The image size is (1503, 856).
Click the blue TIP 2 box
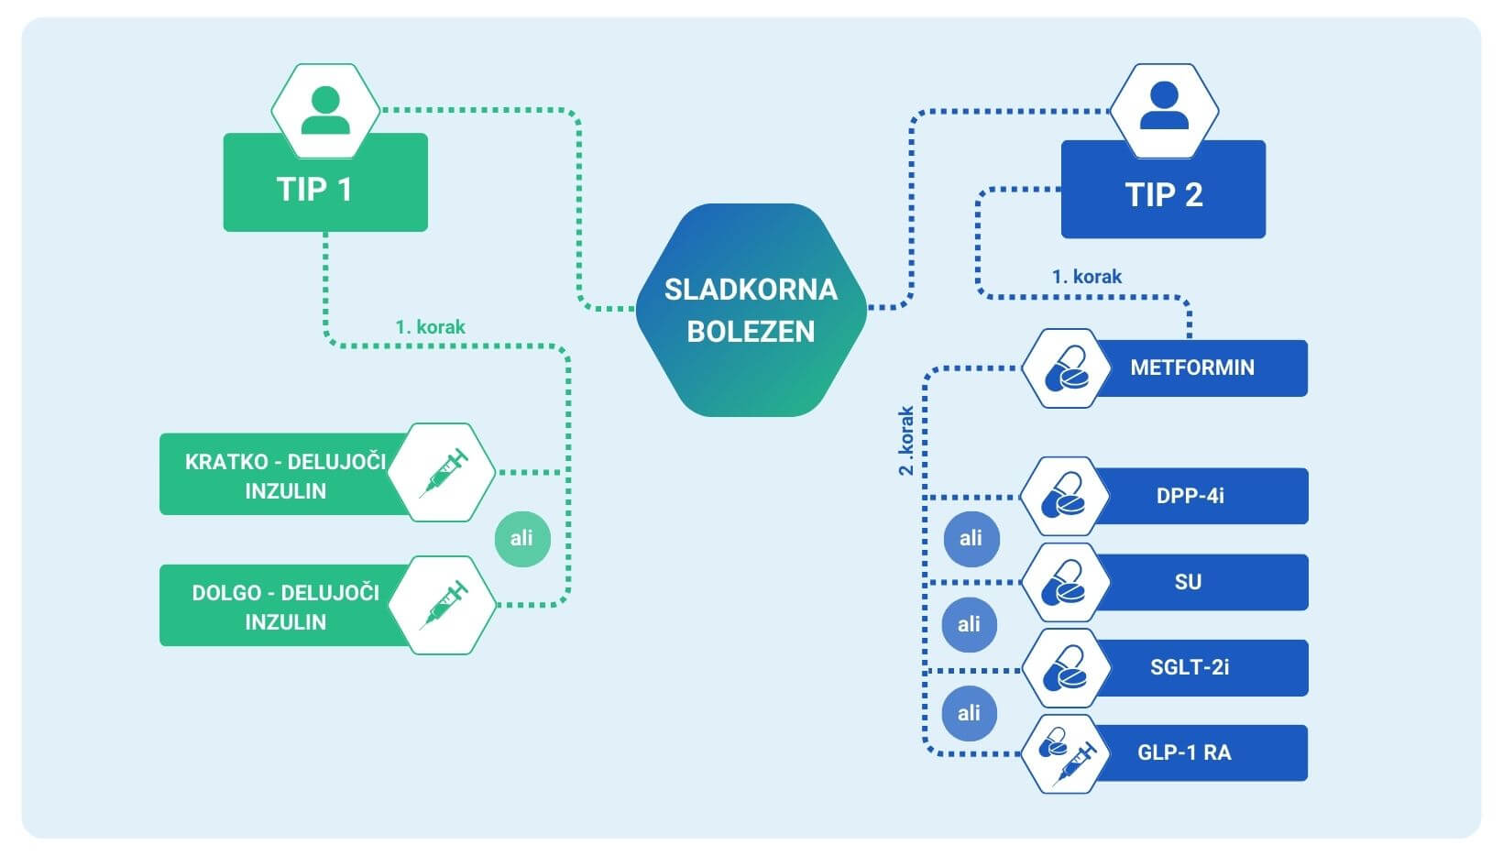pyautogui.click(x=1163, y=194)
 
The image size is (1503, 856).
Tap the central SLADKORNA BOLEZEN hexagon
pyautogui.click(x=751, y=310)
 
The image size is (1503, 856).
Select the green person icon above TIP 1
pyautogui.click(x=325, y=110)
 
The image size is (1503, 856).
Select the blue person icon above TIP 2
pyautogui.click(x=1164, y=108)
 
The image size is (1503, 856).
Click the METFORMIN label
pyautogui.click(x=1192, y=368)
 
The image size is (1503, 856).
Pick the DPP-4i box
pyautogui.click(x=1190, y=496)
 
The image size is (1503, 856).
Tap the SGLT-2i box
pyautogui.click(x=1190, y=667)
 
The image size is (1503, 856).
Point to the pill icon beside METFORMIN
pyautogui.click(x=1064, y=368)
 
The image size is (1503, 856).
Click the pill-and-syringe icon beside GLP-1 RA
pyautogui.click(x=1064, y=753)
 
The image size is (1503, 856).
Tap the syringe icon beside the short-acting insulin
pyautogui.click(x=444, y=473)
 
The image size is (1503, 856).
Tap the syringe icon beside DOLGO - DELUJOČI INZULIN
pyautogui.click(x=444, y=605)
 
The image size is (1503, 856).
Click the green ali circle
pyautogui.click(x=521, y=539)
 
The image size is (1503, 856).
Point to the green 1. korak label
pyautogui.click(x=430, y=326)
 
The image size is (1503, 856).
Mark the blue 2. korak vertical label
pyautogui.click(x=905, y=440)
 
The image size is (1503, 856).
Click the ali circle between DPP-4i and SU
pyautogui.click(x=971, y=539)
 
